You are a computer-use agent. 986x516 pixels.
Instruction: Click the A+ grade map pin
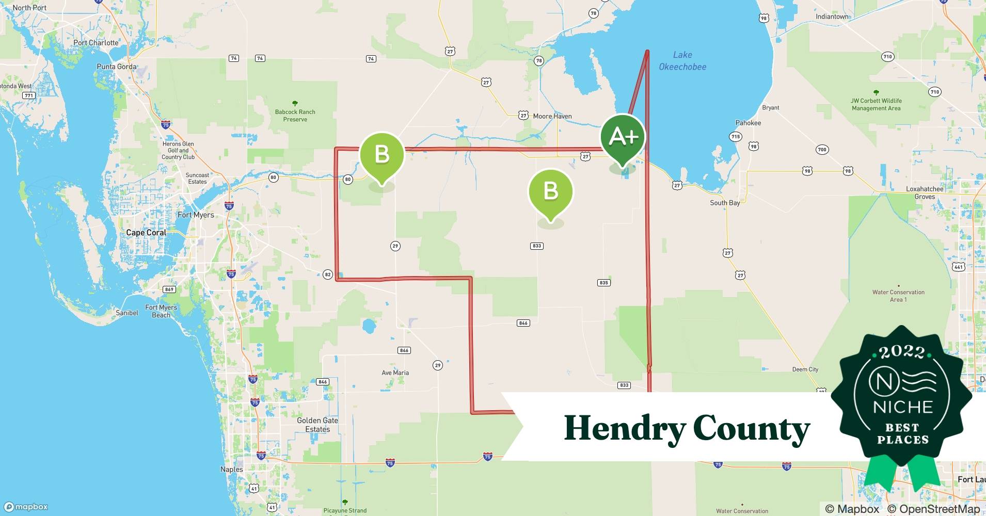(623, 138)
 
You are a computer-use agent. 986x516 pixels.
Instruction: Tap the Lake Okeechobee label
(682, 61)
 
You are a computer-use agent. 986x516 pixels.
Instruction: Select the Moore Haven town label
(552, 116)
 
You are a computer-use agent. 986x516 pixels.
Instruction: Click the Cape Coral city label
(146, 233)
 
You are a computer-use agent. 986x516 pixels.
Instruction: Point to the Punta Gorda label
(117, 67)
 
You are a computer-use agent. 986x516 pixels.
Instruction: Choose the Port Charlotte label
(96, 43)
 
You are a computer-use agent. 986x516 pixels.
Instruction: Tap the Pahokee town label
(748, 123)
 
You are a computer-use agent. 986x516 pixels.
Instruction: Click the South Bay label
(725, 203)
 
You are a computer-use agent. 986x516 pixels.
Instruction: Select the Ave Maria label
(395, 373)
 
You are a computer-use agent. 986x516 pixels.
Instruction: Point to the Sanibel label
(126, 313)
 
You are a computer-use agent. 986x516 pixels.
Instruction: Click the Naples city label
(231, 470)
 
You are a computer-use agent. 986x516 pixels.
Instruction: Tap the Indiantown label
(832, 17)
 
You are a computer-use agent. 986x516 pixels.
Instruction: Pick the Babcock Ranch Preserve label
(295, 115)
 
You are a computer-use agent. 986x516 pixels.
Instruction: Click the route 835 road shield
(604, 283)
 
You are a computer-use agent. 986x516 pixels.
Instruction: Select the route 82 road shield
(327, 275)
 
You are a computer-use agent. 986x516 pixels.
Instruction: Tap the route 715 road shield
(735, 137)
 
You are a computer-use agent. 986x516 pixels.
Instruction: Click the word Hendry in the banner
(624, 428)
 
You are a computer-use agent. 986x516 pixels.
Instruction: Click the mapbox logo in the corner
(26, 507)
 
